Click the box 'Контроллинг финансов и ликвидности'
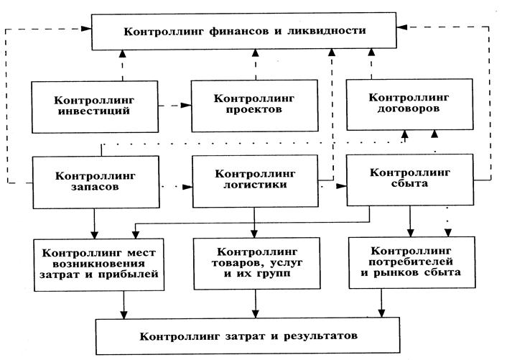[x=245, y=32]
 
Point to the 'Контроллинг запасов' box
[x=94, y=180]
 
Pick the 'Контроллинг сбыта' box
[x=409, y=180]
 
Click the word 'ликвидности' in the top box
[x=330, y=32]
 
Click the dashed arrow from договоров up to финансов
[x=372, y=63]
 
